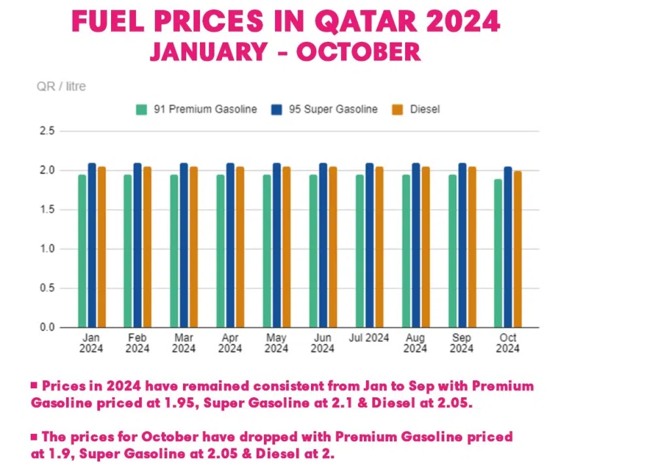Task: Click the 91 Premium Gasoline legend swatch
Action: (x=141, y=109)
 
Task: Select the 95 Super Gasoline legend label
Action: (x=333, y=109)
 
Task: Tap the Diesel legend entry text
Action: (x=425, y=109)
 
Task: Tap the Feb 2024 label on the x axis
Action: (x=137, y=343)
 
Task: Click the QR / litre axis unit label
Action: (x=61, y=86)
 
